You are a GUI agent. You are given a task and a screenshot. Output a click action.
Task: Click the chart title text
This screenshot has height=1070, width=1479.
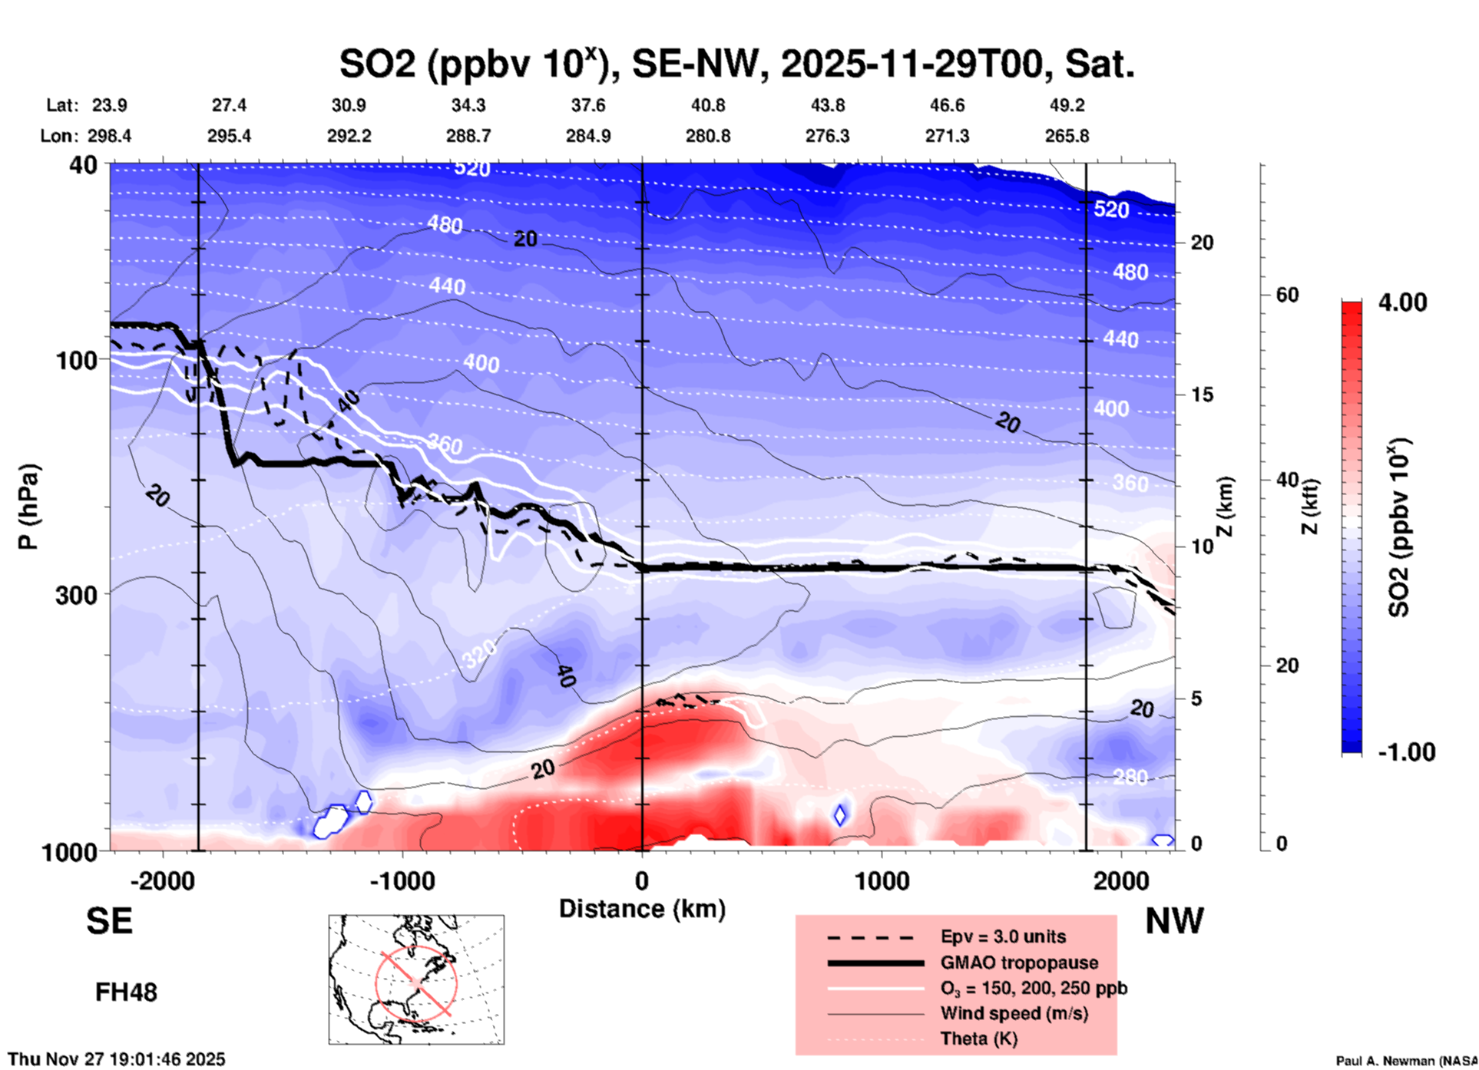point(736,64)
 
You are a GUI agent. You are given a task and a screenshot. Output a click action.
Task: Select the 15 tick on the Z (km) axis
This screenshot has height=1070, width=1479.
point(1202,395)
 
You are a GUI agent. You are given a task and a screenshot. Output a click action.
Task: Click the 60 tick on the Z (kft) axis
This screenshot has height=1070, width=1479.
point(1287,296)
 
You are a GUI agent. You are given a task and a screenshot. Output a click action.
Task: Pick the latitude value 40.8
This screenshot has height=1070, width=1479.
point(707,105)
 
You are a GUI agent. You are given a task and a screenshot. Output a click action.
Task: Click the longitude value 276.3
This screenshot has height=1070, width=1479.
point(827,136)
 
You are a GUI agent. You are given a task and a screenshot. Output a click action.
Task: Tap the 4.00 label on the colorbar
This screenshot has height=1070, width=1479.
point(1402,302)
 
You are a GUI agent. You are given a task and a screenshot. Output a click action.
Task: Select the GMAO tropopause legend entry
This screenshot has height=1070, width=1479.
point(1019,963)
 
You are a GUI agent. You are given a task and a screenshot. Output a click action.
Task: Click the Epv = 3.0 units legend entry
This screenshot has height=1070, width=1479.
point(1003,936)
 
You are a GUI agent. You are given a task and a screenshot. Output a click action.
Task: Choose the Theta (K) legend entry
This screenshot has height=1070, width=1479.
point(978,1039)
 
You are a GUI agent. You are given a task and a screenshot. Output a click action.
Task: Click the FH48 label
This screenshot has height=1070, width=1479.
point(126,992)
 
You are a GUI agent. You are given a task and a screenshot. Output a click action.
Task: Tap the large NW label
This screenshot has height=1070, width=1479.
point(1174,921)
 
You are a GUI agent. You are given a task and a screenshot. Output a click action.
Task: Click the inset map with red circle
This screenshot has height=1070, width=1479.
point(416,979)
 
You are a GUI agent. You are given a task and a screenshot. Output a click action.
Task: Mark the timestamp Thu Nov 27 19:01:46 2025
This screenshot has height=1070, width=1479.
point(117,1059)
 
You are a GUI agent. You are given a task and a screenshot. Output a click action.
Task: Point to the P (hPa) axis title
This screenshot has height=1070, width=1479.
point(28,507)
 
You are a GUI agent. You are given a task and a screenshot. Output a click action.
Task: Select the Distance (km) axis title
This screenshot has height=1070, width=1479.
point(642,909)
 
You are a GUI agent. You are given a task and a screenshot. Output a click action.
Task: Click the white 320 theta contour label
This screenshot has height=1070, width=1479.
point(479,655)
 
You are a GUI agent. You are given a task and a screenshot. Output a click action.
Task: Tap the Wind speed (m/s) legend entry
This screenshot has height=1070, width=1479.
point(1014,1013)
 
